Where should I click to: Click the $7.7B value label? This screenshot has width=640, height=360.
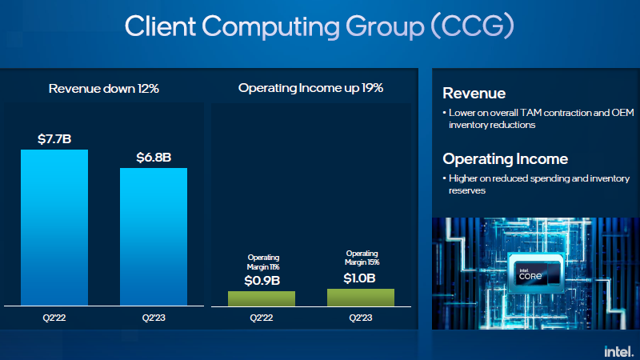(54, 138)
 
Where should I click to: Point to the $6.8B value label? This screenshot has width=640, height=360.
(154, 157)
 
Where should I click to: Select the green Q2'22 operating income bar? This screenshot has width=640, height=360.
(262, 298)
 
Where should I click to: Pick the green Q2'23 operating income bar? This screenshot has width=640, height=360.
(361, 297)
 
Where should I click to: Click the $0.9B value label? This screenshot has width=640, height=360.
(262, 280)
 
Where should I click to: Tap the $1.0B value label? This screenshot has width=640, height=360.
(361, 278)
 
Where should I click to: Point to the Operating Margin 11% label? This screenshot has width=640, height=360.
(262, 262)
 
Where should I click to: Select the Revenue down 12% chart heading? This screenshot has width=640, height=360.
(104, 88)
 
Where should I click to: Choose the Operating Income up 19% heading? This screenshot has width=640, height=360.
(311, 88)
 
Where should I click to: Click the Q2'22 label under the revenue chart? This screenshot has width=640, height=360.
(54, 318)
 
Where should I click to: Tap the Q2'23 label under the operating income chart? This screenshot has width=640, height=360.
(361, 318)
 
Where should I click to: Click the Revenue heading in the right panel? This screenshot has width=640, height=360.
(474, 94)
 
